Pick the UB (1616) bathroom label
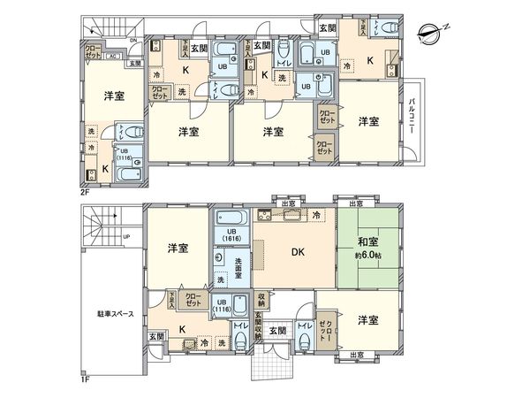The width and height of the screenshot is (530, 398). click(231, 235)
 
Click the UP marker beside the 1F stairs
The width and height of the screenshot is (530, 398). click(125, 237)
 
